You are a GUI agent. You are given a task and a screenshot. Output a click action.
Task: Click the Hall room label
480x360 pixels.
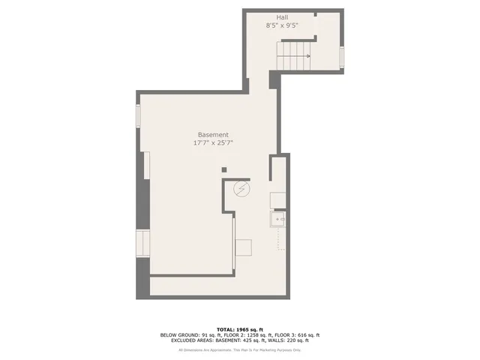[x=282, y=16]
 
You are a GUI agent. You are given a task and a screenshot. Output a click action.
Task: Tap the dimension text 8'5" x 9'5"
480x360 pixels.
[x=282, y=25]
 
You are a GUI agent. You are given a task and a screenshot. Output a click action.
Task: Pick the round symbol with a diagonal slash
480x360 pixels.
[x=241, y=188]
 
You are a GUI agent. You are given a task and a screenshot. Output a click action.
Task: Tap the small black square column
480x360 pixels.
[x=223, y=170]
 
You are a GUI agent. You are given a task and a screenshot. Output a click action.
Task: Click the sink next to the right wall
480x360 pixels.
[x=278, y=220]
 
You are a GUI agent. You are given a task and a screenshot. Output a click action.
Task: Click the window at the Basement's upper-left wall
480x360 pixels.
[x=138, y=115]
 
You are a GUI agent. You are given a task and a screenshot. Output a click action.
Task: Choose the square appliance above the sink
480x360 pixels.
[x=277, y=199]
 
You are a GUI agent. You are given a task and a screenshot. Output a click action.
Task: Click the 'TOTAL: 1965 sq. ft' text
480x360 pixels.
[x=240, y=329]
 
